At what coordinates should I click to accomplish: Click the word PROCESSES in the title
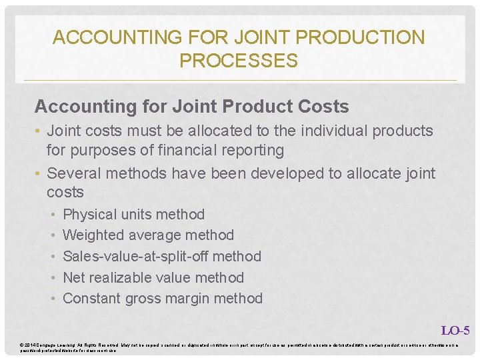[238, 61]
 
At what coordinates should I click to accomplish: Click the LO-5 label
[455, 330]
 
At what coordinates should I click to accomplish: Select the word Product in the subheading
[258, 107]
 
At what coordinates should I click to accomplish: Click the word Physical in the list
[89, 215]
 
